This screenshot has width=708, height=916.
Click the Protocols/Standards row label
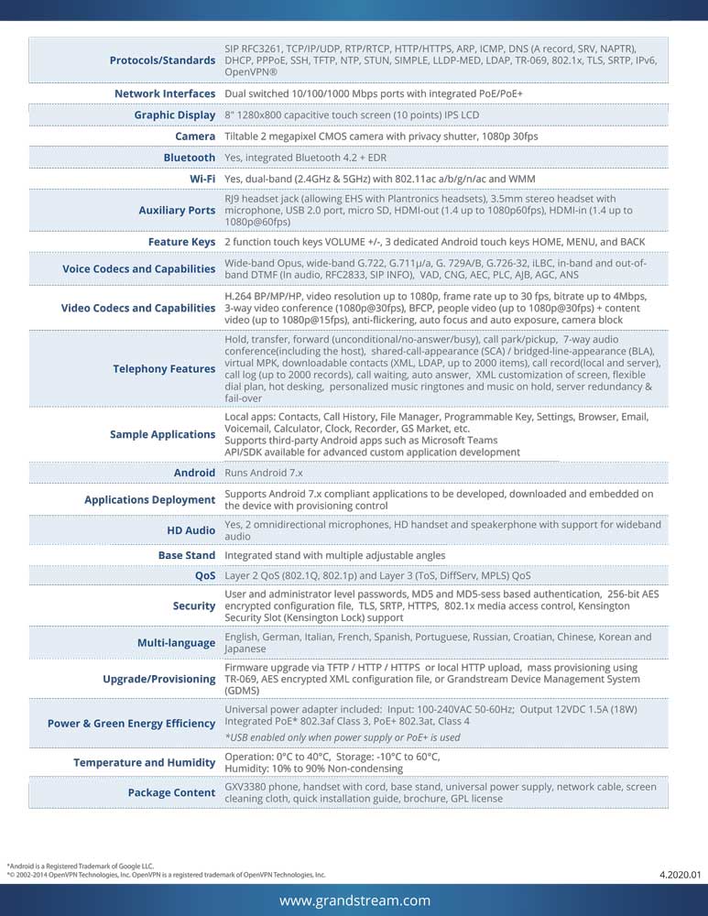pyautogui.click(x=162, y=60)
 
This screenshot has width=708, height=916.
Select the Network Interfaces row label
pyautogui.click(x=165, y=93)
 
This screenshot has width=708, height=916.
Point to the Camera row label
pyautogui.click(x=195, y=136)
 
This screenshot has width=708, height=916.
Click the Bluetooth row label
pyautogui.click(x=190, y=158)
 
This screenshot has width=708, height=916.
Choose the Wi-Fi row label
pyautogui.click(x=202, y=179)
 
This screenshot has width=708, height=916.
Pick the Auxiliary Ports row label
pyautogui.click(x=177, y=211)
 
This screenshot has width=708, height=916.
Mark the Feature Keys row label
pyautogui.click(x=181, y=242)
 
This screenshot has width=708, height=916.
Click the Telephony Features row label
pyautogui.click(x=164, y=369)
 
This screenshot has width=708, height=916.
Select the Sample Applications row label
pyautogui.click(x=162, y=434)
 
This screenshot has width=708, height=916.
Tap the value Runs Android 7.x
pyautogui.click(x=264, y=473)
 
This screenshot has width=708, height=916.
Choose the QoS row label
pyautogui.click(x=205, y=576)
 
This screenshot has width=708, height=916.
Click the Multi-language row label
pyautogui.click(x=176, y=643)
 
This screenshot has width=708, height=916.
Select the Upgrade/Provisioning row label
pyautogui.click(x=159, y=679)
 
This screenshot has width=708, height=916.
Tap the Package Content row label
pyautogui.click(x=171, y=792)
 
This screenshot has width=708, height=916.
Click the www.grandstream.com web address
pyautogui.click(x=354, y=901)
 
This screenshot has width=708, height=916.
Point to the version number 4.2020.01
pyautogui.click(x=679, y=875)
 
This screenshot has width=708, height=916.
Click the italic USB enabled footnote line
pyautogui.click(x=343, y=737)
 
